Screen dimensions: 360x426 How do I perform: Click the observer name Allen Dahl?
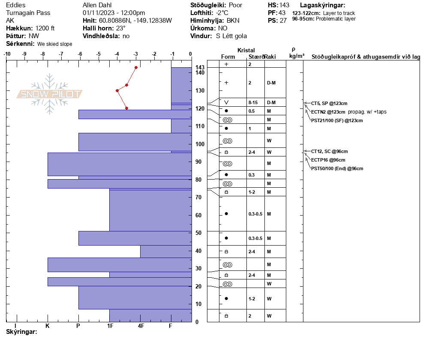click(97, 5)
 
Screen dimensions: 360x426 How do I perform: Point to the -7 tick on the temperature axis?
click(61, 54)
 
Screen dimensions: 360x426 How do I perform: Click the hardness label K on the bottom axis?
click(48, 326)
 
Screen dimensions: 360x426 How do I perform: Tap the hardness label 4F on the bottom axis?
click(141, 326)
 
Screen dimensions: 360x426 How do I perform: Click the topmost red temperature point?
click(136, 67)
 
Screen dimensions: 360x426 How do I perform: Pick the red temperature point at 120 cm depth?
click(127, 108)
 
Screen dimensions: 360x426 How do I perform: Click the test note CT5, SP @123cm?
click(329, 103)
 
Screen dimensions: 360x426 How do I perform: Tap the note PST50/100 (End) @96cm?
click(337, 168)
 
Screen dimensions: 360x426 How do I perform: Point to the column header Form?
click(228, 57)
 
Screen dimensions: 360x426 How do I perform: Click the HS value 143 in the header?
click(284, 5)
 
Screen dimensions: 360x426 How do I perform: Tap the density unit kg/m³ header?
click(297, 56)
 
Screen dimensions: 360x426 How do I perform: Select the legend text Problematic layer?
click(336, 19)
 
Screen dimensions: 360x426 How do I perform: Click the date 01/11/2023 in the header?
click(98, 13)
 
